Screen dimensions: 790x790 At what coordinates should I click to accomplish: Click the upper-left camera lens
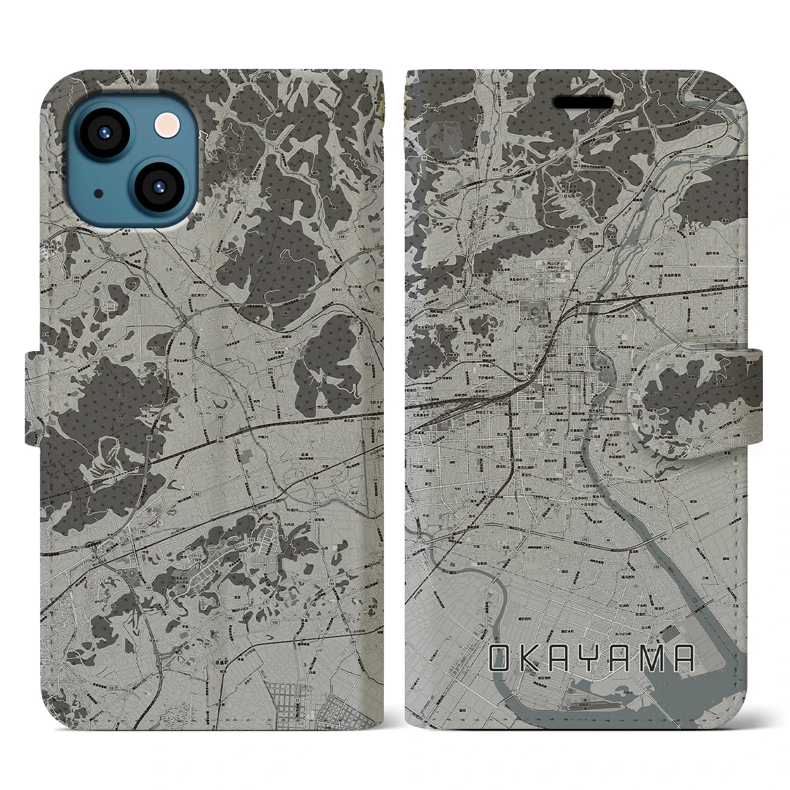click(102, 131)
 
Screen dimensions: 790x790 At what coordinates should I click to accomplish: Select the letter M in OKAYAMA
click(652, 659)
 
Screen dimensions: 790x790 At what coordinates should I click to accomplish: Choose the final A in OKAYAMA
click(683, 659)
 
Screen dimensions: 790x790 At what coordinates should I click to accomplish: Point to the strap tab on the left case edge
click(33, 398)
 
